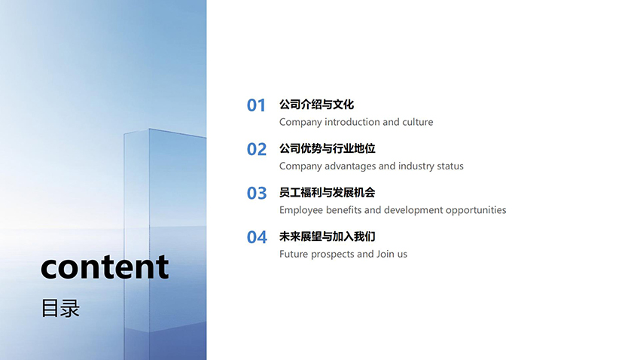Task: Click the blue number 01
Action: click(256, 105)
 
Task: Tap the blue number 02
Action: click(256, 149)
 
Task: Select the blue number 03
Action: click(256, 194)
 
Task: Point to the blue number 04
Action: click(257, 237)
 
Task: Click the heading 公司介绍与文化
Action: click(316, 105)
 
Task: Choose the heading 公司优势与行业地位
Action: click(327, 148)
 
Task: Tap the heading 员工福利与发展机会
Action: click(327, 193)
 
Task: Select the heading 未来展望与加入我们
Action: click(327, 236)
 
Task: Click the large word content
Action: click(105, 267)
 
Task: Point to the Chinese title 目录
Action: click(60, 308)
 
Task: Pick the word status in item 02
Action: click(450, 166)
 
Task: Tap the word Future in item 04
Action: click(294, 255)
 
